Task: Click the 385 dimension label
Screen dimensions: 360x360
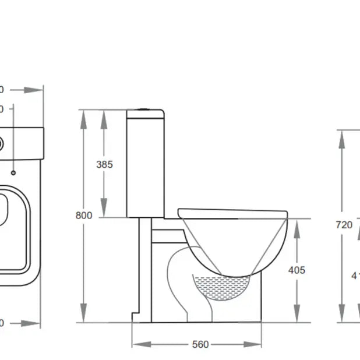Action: [x=104, y=164]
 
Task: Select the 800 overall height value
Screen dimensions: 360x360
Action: [x=84, y=215]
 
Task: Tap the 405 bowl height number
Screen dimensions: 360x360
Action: [x=296, y=270]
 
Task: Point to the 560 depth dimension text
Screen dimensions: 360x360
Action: [x=200, y=344]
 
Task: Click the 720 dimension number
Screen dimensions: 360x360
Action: [x=344, y=224]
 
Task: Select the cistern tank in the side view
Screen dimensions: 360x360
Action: [x=146, y=163]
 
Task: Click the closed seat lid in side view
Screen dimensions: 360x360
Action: [x=233, y=211]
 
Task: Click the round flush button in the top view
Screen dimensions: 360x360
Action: [x=2, y=142]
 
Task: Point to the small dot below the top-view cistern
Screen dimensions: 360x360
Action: [x=13, y=172]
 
